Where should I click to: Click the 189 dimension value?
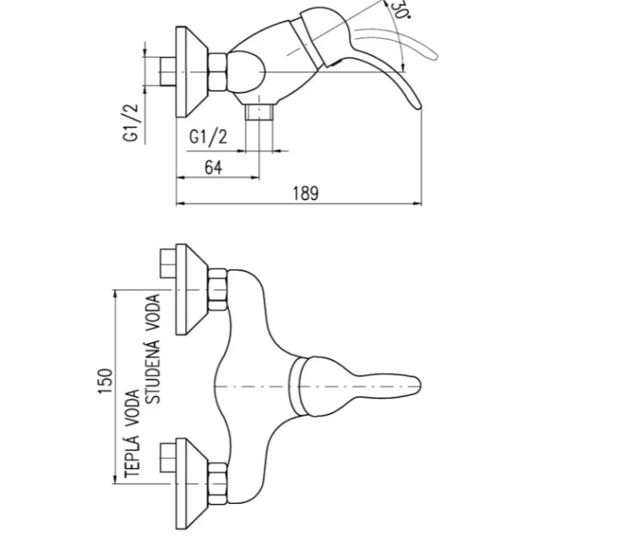tap(306, 193)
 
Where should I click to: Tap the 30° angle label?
tap(400, 10)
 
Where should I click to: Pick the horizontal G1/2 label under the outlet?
tap(208, 137)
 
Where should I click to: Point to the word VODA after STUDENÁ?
tap(153, 314)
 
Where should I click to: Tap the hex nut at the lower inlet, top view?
tap(218, 482)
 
